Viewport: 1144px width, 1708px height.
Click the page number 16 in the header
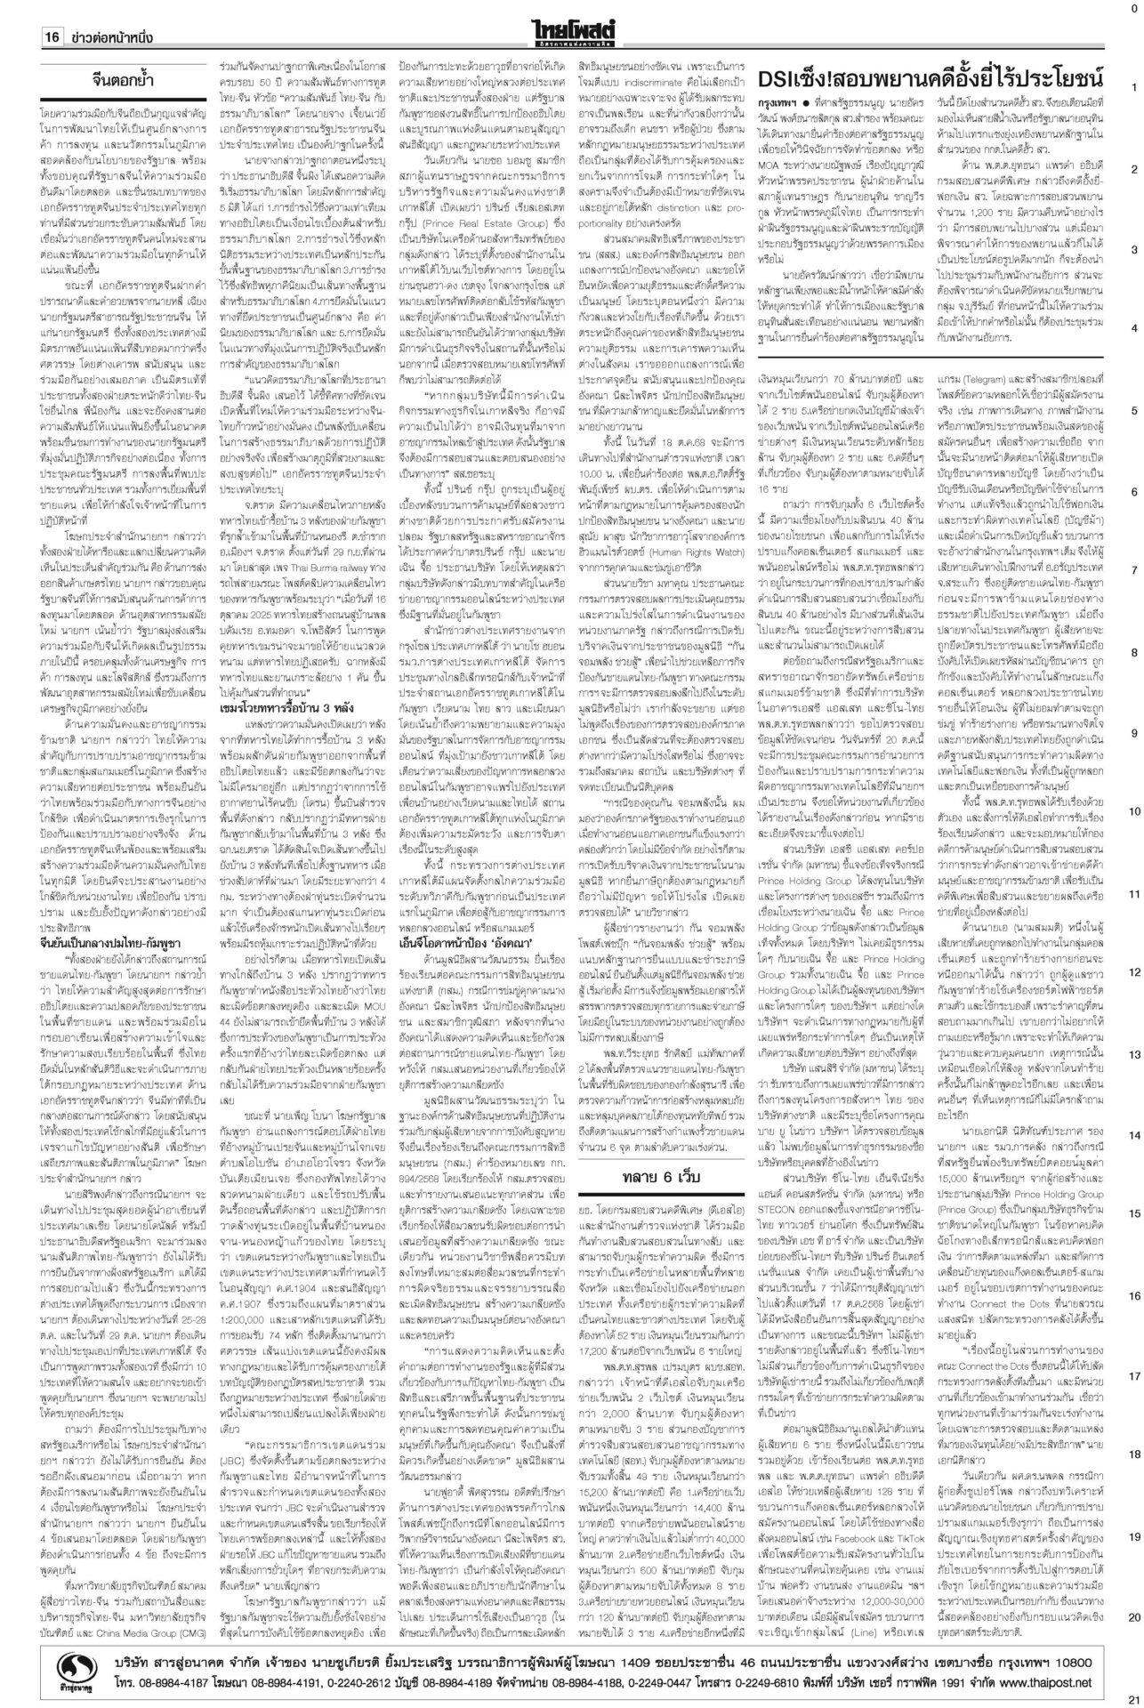pyautogui.click(x=51, y=38)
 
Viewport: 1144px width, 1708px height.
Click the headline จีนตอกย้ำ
pyautogui.click(x=144, y=79)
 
